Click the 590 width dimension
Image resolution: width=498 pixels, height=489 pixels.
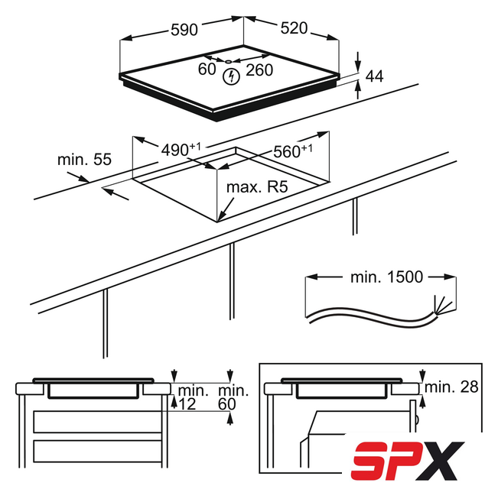point(184,30)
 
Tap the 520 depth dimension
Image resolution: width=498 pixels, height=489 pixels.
point(294,28)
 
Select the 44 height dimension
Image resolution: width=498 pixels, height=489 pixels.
point(374,76)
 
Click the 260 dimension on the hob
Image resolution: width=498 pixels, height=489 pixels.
point(259,70)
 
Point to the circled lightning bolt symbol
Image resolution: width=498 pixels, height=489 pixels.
point(231,76)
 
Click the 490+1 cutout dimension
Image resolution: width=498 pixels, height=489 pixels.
point(181,149)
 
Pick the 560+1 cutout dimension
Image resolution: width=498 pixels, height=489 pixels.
point(293,151)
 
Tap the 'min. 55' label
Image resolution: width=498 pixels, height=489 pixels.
point(84,160)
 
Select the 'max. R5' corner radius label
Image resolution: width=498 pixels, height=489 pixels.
point(257,187)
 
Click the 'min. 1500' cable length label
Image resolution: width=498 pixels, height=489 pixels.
point(386,277)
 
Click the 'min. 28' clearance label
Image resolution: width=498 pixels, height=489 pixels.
point(451,387)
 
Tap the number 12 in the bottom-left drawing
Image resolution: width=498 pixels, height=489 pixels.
point(187,404)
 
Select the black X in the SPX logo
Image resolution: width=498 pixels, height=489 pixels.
point(440,461)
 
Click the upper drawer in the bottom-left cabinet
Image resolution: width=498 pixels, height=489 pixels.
point(97,422)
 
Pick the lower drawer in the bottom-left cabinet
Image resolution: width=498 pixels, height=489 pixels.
point(97,451)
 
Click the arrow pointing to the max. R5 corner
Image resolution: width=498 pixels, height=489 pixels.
point(226,209)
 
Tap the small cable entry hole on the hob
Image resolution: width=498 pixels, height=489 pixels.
point(228,62)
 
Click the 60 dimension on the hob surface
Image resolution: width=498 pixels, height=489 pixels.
point(207,70)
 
